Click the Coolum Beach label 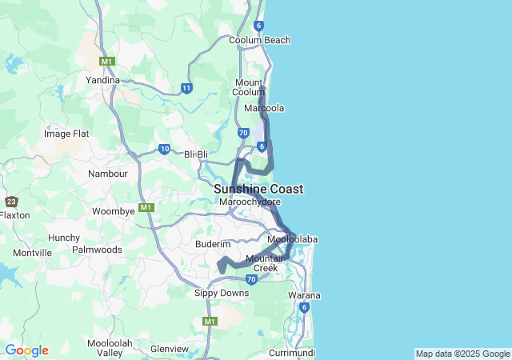tap(259, 40)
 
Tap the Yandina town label tap(102, 80)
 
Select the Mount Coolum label tap(250, 87)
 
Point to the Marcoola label tap(264, 108)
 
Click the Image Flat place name tap(66, 134)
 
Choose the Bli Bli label tap(197, 154)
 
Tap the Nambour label tap(108, 174)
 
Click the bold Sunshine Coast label tap(258, 189)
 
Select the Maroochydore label tap(250, 202)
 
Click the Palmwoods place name tap(97, 250)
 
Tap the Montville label tap(32, 253)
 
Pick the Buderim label tap(213, 244)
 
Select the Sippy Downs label tap(217, 294)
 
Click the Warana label tap(304, 295)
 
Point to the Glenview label tap(169, 349)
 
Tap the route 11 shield tap(186, 88)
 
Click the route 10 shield tap(164, 149)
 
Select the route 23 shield tap(11, 202)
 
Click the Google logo tap(26, 350)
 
